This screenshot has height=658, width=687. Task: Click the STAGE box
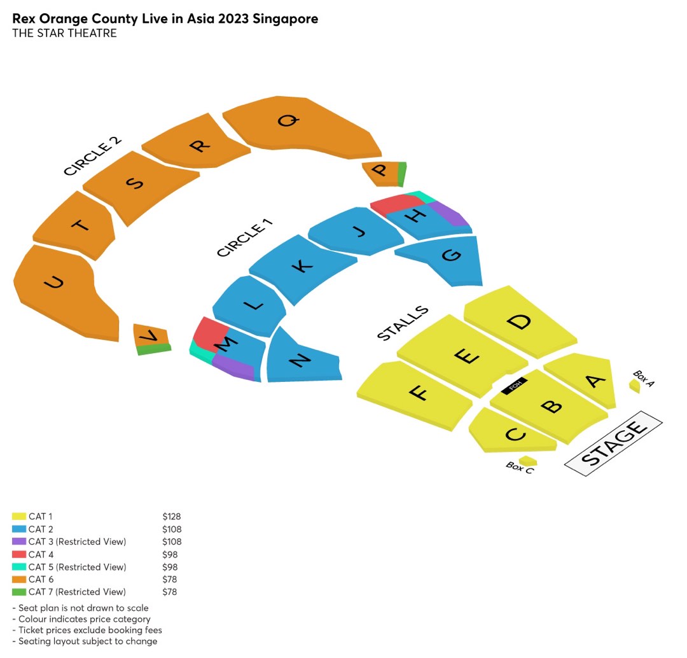tap(613, 443)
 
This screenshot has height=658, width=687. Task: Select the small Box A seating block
tap(634, 386)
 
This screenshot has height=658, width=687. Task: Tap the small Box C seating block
tap(528, 461)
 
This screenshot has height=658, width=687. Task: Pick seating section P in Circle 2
tap(380, 173)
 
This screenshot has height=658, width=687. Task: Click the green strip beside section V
tap(154, 349)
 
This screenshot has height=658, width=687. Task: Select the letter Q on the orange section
tap(288, 120)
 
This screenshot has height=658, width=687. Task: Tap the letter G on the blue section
tap(450, 255)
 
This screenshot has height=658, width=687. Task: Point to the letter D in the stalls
tap(520, 321)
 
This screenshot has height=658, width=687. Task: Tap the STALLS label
tap(403, 323)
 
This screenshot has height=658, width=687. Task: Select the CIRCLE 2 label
tap(92, 156)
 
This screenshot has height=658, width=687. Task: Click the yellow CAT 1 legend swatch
tap(19, 517)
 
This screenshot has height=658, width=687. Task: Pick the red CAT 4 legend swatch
tap(19, 554)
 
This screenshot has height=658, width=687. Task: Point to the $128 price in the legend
tap(172, 517)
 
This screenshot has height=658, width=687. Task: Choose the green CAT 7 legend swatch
tap(19, 592)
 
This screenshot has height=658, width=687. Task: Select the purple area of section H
tap(450, 213)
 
